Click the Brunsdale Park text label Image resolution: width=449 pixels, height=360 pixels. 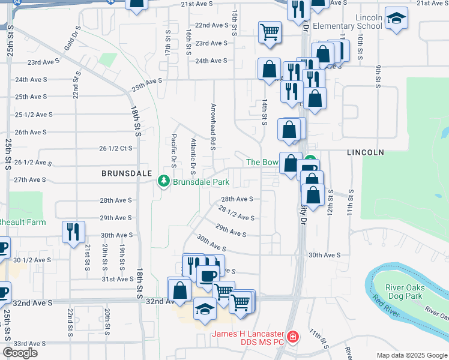tap(202, 181)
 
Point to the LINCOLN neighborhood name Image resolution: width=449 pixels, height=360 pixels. tap(365, 153)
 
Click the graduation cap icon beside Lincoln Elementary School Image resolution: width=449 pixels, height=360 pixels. tap(396, 19)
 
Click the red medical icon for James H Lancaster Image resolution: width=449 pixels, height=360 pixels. tap(293, 338)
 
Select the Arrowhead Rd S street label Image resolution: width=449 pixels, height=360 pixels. tap(212, 126)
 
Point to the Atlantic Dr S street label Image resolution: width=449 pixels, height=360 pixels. tap(193, 154)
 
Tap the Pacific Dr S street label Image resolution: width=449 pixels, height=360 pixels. tap(173, 149)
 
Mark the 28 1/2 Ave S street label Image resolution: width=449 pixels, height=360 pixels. tap(237, 214)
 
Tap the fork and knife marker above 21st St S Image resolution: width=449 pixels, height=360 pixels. tap(73, 232)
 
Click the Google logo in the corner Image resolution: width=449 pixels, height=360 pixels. tap(20, 352)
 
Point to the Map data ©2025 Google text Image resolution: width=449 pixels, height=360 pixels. tap(411, 355)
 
